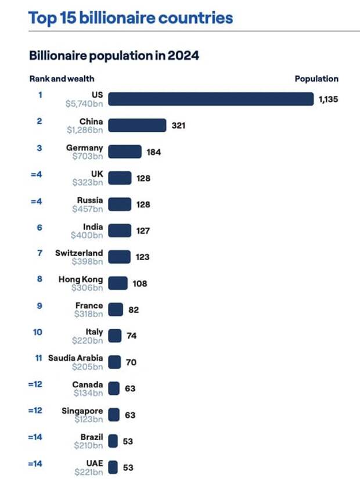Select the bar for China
(x=137, y=125)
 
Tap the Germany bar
(x=125, y=152)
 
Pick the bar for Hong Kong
(x=118, y=283)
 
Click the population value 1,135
(x=327, y=99)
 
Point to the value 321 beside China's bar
(x=178, y=125)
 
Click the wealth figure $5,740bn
(x=85, y=104)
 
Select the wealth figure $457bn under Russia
(x=88, y=209)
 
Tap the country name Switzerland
(x=79, y=253)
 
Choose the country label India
(x=93, y=227)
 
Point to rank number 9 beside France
(x=39, y=305)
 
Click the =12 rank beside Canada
(x=35, y=384)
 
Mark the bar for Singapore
(x=114, y=415)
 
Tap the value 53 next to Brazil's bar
(x=128, y=441)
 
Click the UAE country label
(x=94, y=463)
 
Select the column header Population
(x=316, y=79)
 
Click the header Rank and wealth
(x=62, y=79)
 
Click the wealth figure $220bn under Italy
(x=88, y=340)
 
